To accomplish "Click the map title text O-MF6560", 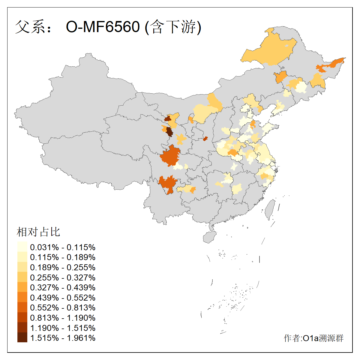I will coord(103,27).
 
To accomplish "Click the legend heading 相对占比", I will coord(38,232).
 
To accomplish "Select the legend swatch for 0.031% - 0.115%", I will coord(22,247).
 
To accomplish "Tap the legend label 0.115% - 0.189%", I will coord(63,257).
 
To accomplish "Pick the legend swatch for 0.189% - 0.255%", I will coord(22,267).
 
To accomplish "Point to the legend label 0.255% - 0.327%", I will coord(63,277).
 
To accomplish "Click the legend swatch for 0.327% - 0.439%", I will coord(22,287).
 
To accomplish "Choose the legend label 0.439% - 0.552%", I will coord(63,298).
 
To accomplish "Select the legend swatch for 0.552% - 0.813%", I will coord(22,307).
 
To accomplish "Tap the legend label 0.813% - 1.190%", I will coord(63,318).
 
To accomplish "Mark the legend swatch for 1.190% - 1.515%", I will coord(22,328).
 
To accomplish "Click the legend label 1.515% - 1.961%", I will coord(63,338).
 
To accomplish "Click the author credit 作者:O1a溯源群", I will coord(313,338).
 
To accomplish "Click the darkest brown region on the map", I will coord(169,132).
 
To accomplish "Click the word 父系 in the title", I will coord(30,27).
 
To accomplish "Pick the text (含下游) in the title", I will coord(173,27).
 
